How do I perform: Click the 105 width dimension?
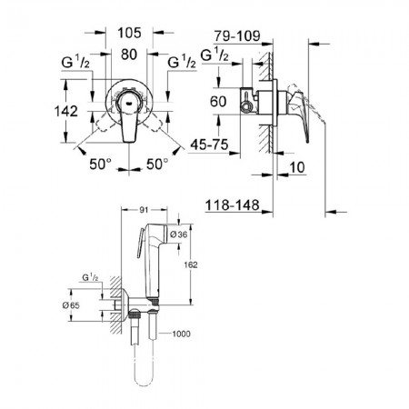click(x=129, y=33)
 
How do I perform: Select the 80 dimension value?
click(x=129, y=55)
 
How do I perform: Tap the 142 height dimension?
click(x=66, y=111)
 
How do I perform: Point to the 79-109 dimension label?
click(x=237, y=36)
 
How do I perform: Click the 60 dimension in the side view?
click(x=218, y=102)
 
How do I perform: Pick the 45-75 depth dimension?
click(x=209, y=145)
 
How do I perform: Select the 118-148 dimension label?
click(x=233, y=205)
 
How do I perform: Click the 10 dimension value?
click(x=297, y=167)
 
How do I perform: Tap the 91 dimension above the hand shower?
click(x=144, y=210)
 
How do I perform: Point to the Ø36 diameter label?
click(x=179, y=234)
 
